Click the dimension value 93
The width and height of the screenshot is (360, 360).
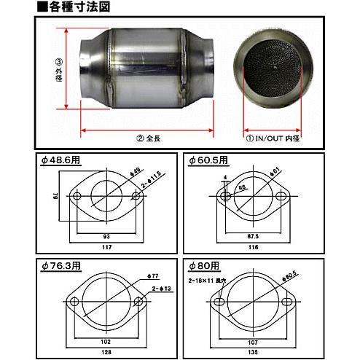(106, 236)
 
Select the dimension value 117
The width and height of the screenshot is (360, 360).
(106, 246)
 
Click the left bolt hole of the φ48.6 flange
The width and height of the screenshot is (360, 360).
(77, 197)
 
